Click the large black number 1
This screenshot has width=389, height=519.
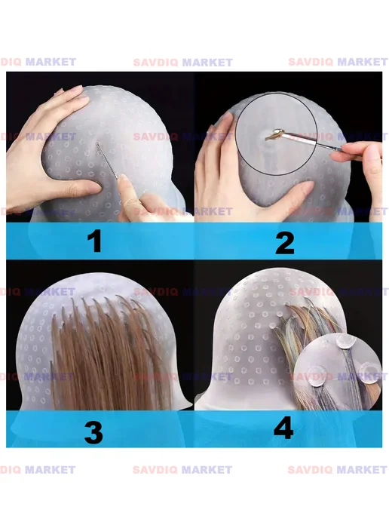(95, 241)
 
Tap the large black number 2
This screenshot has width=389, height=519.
(285, 243)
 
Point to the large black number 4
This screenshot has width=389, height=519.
(283, 427)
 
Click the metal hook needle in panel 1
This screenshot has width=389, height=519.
(106, 161)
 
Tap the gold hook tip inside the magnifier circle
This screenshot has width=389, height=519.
(275, 135)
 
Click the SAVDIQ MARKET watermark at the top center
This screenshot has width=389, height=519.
(183, 62)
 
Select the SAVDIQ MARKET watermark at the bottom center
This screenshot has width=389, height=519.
(182, 470)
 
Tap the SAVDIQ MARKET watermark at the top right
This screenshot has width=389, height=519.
(338, 62)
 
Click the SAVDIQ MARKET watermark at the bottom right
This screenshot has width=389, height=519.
(338, 470)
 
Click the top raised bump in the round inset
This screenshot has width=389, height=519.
(345, 341)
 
